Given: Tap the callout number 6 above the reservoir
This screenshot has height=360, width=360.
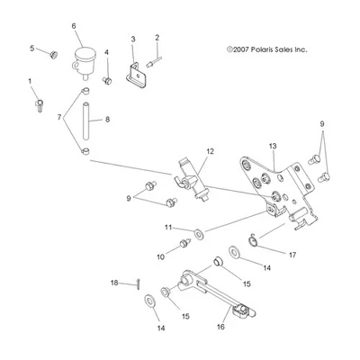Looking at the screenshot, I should (x=74, y=27).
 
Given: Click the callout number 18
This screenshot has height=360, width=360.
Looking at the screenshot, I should (x=114, y=283).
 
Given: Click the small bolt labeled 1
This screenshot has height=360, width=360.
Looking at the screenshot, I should (x=40, y=106).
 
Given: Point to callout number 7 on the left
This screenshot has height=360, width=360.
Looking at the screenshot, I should (x=60, y=119).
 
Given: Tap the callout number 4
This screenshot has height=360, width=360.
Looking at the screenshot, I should (x=106, y=53).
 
